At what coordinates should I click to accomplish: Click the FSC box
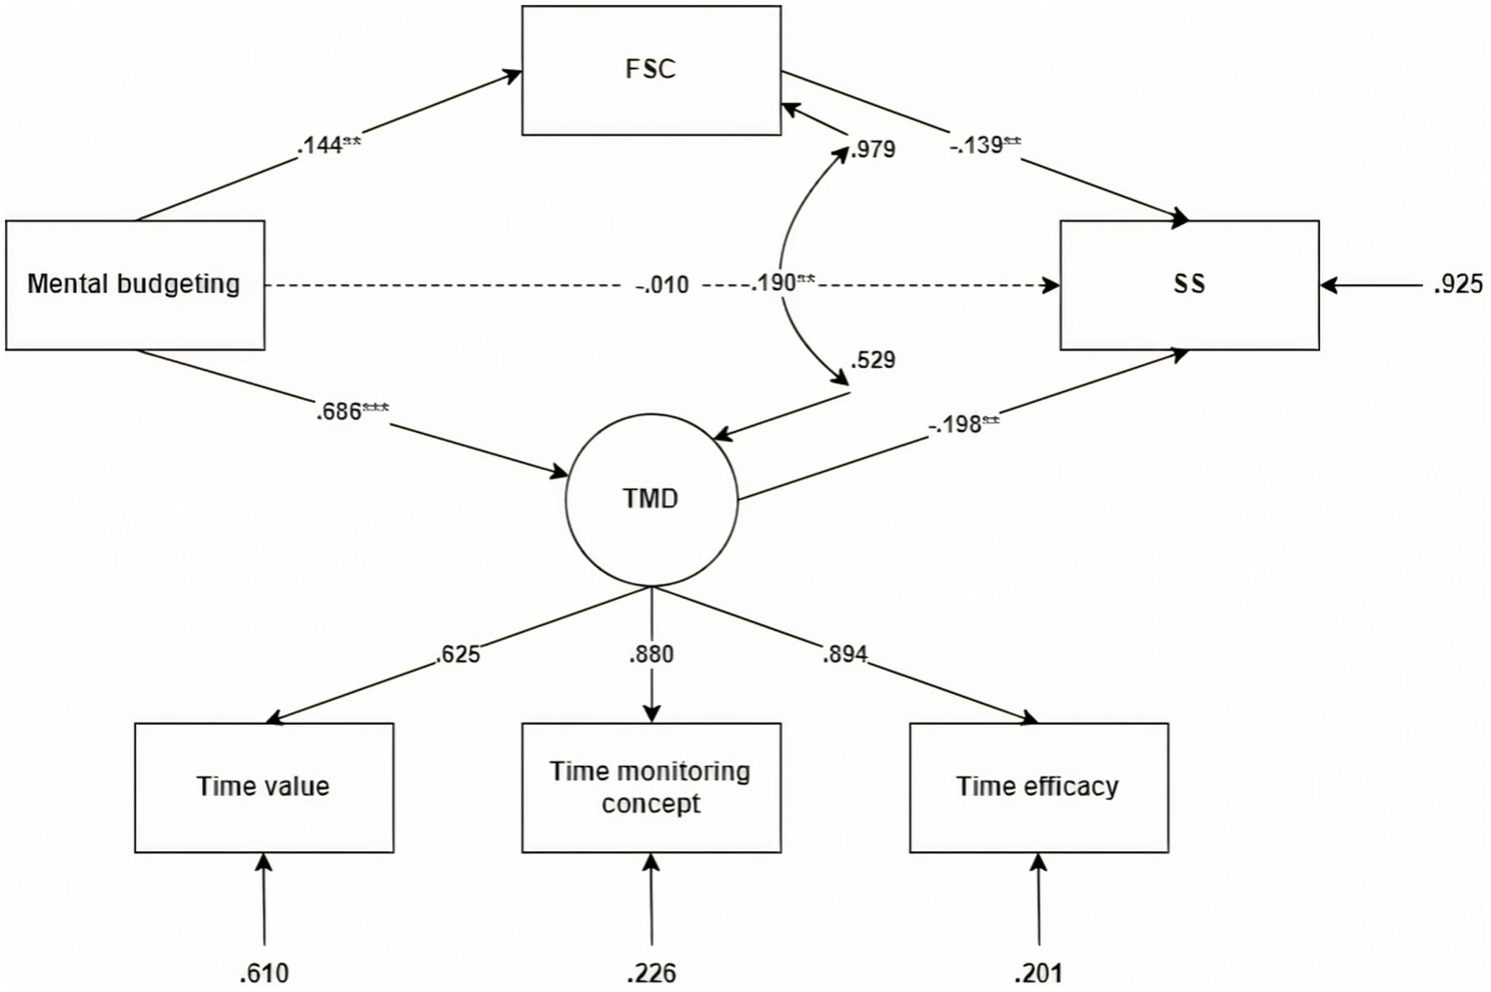(x=651, y=70)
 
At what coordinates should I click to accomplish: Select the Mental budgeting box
(x=134, y=284)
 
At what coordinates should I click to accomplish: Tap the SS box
(x=1189, y=284)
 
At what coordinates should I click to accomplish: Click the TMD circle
(x=651, y=499)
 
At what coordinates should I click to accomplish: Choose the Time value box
(x=263, y=786)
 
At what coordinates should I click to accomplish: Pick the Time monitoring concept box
(x=651, y=786)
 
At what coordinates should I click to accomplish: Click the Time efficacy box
(x=1038, y=786)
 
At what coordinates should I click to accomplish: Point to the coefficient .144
(x=321, y=147)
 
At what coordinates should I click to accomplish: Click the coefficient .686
(x=340, y=412)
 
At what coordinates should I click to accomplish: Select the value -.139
(x=977, y=147)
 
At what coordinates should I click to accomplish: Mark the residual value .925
(x=1458, y=284)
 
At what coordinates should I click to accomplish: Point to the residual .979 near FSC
(x=872, y=150)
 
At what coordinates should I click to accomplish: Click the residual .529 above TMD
(x=872, y=360)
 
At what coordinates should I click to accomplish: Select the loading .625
(x=457, y=654)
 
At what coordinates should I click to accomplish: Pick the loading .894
(x=844, y=654)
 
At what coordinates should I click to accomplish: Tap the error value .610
(x=264, y=973)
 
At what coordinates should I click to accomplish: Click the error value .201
(x=1038, y=973)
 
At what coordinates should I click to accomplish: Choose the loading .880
(x=651, y=654)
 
